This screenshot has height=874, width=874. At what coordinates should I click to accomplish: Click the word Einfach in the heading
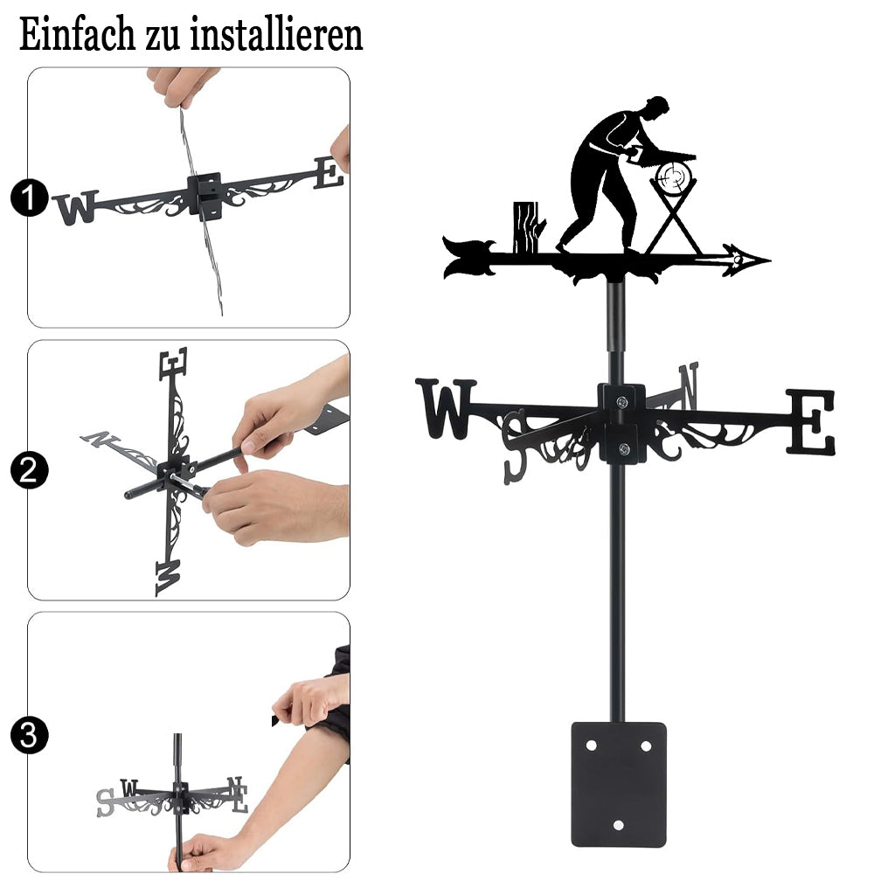tap(77, 35)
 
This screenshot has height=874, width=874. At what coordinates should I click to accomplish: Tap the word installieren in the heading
tap(276, 35)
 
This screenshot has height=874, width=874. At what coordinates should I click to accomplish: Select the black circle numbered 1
tap(29, 198)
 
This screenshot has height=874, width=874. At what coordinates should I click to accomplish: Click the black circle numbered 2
tap(29, 470)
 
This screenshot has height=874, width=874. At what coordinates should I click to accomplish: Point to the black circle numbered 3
tap(29, 735)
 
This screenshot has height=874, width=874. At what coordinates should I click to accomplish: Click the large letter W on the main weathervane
tap(446, 408)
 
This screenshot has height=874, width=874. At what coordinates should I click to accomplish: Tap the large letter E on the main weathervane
tap(811, 422)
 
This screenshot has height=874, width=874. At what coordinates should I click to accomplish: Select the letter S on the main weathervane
tap(515, 446)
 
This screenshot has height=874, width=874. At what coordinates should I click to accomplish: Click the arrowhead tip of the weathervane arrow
tap(770, 260)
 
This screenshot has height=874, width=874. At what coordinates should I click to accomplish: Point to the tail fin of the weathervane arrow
tap(468, 257)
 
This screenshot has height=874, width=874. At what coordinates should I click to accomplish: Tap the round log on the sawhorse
tap(674, 177)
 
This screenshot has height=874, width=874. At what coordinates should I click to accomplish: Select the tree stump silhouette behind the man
tap(527, 227)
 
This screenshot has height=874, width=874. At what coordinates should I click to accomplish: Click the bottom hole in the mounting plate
tap(618, 825)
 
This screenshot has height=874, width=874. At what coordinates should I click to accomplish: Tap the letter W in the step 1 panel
tap(76, 207)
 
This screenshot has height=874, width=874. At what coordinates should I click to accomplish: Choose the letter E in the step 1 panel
tap(328, 172)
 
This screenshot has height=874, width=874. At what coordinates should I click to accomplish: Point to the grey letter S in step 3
tap(105, 802)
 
